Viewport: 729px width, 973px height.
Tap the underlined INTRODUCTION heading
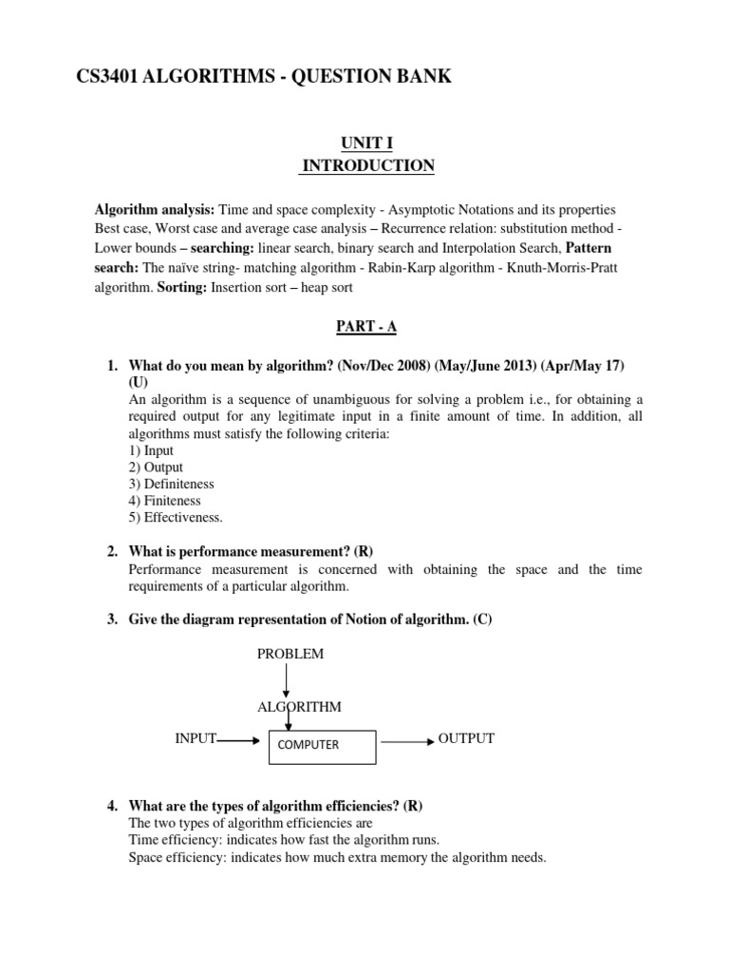(367, 166)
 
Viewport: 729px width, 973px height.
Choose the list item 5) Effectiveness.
(176, 517)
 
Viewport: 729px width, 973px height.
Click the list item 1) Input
(151, 450)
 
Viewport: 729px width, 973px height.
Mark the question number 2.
(111, 551)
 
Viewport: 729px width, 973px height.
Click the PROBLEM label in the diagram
(290, 654)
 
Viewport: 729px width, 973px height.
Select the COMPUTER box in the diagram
(323, 745)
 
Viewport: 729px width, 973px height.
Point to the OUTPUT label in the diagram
(466, 738)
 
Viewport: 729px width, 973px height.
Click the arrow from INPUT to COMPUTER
(240, 740)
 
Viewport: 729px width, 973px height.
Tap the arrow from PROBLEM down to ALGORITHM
(286, 680)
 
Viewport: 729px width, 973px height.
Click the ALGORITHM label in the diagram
(299, 707)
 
